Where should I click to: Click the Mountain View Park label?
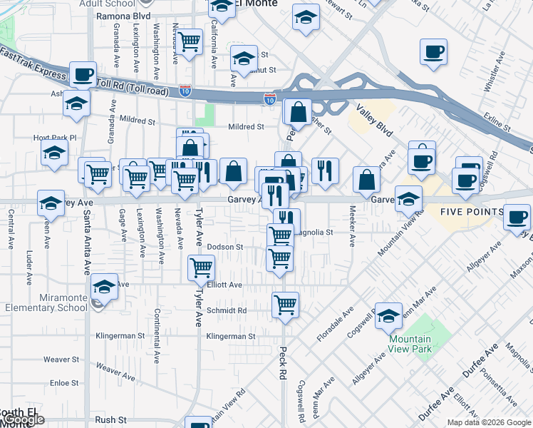point(410,344)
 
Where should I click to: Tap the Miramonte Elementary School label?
point(44,302)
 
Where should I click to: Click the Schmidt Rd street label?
point(227,311)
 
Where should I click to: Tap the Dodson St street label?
point(225,247)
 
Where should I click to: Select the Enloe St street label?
point(64,383)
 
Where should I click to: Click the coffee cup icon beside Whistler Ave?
point(433,51)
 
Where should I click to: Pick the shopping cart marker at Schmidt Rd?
point(286,305)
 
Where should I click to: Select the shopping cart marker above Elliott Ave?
point(202,268)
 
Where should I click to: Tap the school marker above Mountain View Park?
point(389,315)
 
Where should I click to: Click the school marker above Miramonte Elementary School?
point(105,287)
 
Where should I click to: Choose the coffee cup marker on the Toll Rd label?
point(83,73)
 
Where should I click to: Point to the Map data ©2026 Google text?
point(489,422)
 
